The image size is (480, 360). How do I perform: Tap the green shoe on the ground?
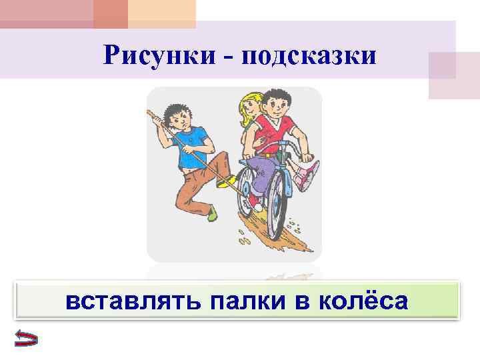click(212, 213)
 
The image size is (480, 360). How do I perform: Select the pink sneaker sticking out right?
click(307, 176)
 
